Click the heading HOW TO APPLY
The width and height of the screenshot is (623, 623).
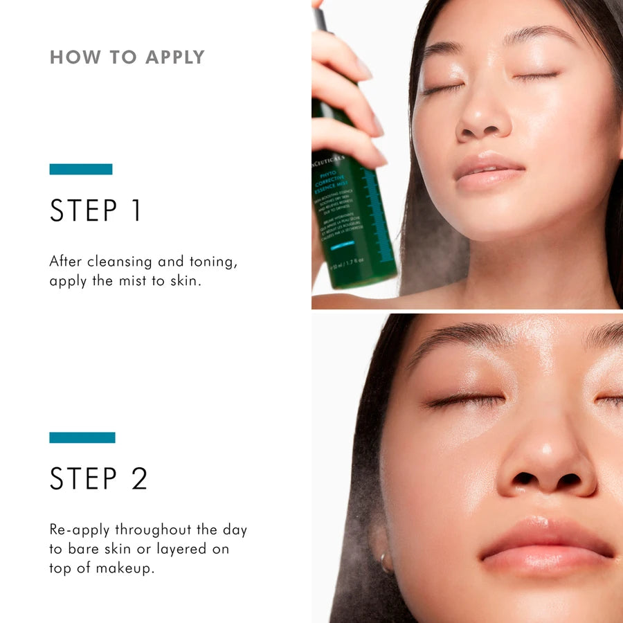tap(127, 57)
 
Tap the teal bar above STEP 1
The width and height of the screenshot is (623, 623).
tap(81, 169)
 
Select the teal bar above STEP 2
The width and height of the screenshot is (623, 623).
tap(82, 437)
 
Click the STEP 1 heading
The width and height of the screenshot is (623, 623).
tap(96, 210)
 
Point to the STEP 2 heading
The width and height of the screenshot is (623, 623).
tap(98, 478)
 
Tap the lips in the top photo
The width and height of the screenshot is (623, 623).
tap(488, 170)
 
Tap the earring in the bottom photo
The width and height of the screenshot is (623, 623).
tap(385, 561)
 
